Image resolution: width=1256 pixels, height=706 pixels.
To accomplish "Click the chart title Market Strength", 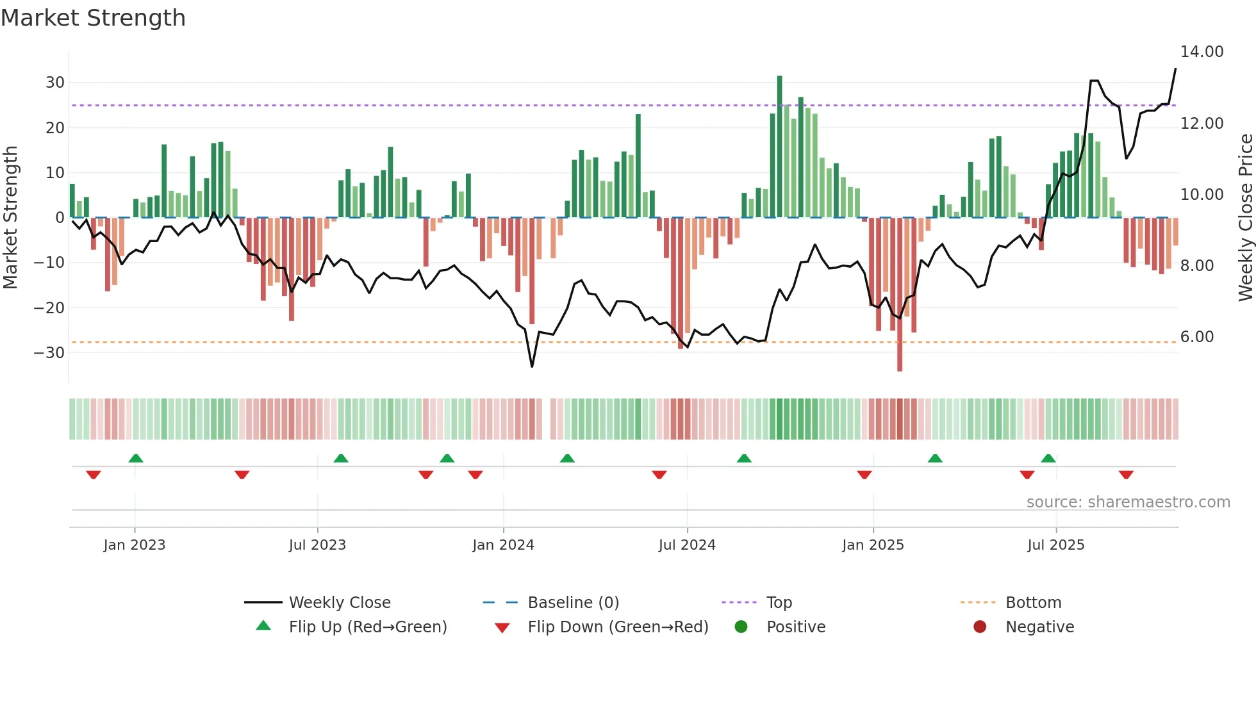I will click(93, 18).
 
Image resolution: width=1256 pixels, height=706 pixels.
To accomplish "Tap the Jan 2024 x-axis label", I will click(503, 545).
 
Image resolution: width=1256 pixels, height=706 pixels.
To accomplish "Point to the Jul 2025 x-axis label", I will click(1055, 545).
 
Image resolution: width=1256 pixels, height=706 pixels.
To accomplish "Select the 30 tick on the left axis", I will click(55, 83).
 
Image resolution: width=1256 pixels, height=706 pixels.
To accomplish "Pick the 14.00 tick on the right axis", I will click(1202, 52).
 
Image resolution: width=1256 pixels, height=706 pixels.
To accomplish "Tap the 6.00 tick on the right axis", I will click(1196, 337).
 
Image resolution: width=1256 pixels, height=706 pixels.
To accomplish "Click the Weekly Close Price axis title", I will click(1245, 218).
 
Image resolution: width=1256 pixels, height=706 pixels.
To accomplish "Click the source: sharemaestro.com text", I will click(1128, 502).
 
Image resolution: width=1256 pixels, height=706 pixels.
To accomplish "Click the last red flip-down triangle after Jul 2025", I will click(1126, 475).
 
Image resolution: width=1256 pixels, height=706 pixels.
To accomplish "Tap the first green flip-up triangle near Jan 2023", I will click(136, 458).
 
